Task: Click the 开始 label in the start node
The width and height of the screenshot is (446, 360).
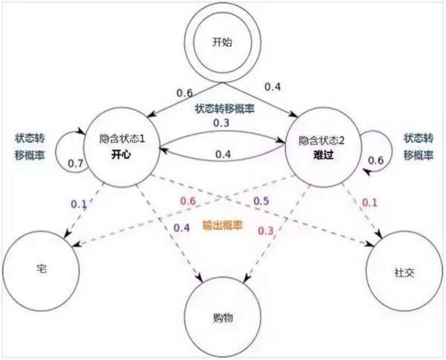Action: [222, 43]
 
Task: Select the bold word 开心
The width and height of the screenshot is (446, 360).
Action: [121, 155]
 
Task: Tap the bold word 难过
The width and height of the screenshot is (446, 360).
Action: [323, 155]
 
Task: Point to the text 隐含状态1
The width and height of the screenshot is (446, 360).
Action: [122, 139]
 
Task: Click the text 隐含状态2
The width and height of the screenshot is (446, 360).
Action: [322, 140]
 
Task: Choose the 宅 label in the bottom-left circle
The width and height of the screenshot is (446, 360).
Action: [42, 269]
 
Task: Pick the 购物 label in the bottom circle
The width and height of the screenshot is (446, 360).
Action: [223, 317]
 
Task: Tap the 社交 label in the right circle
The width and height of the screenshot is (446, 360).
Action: [404, 273]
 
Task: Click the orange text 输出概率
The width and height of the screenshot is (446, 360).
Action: [222, 225]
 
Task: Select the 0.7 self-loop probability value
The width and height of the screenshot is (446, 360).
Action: [76, 164]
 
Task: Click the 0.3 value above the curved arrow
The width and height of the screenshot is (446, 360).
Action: [221, 123]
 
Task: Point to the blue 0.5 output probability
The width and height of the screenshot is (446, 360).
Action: [261, 201]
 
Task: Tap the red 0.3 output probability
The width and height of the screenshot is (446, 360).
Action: [266, 231]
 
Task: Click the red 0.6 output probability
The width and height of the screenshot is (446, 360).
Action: [188, 201]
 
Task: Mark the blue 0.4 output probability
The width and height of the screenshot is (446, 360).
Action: [181, 227]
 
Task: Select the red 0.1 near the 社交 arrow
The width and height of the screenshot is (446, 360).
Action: [370, 203]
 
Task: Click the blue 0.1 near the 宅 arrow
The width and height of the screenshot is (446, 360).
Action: [79, 204]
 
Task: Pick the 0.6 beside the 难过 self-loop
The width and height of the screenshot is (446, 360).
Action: [376, 161]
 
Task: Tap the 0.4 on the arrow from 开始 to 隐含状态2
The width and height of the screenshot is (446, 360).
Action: [272, 87]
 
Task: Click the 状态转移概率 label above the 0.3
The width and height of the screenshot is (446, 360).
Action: [224, 108]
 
